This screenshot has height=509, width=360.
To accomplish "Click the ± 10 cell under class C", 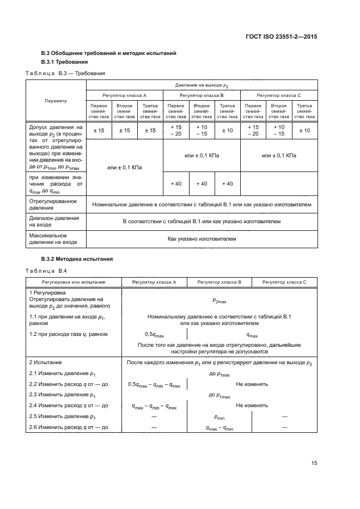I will pos(304,130).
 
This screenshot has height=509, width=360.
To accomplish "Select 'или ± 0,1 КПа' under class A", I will pos(125,168).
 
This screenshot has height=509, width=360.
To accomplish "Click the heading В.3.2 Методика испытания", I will pos(77,259).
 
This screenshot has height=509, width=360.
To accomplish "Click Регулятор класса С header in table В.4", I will pos(284,283).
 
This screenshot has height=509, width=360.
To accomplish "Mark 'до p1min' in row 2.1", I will pos(221,374).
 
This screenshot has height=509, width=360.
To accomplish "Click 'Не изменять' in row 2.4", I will pos(252,406).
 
